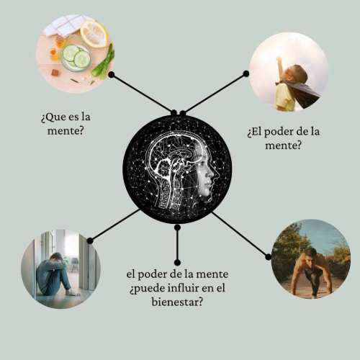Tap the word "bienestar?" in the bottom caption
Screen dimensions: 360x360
coord(177,302)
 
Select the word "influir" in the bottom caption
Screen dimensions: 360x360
coord(183,288)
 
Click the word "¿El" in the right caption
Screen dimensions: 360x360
coord(254,132)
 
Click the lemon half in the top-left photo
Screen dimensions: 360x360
coord(94,34)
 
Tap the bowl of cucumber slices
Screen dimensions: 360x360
coord(76,58)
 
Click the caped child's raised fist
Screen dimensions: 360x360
coord(279,59)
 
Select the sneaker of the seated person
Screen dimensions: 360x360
coord(71,292)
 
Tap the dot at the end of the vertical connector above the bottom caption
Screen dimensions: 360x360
coord(177,262)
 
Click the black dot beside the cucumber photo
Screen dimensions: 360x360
coord(111,75)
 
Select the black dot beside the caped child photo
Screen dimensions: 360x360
coord(246,73)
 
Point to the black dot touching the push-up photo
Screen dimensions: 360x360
coord(269,257)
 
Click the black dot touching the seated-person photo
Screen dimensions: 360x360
coord(90,240)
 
